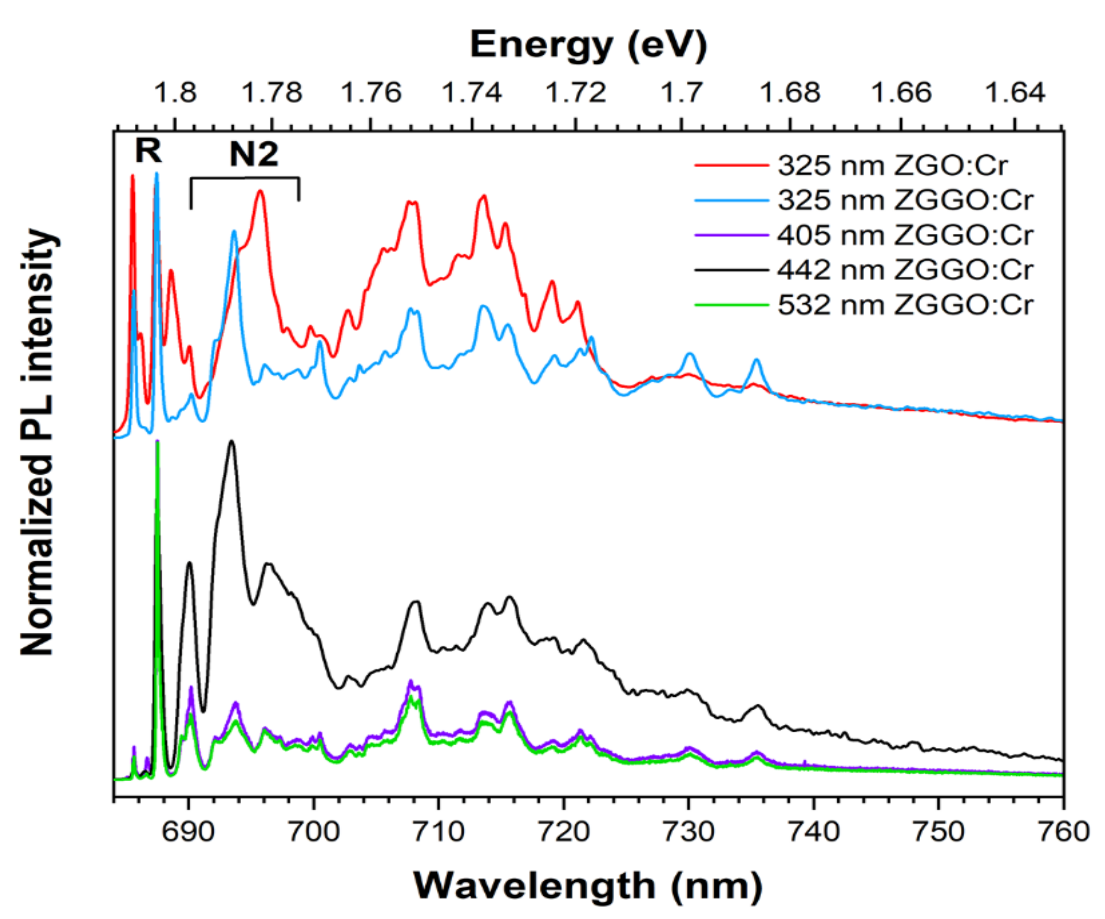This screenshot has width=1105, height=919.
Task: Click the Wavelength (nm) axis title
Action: tap(588, 886)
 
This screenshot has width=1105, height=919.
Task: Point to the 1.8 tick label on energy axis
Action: tap(175, 93)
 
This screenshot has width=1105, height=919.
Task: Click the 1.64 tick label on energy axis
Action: tap(1014, 93)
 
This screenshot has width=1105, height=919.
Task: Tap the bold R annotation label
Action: tap(148, 151)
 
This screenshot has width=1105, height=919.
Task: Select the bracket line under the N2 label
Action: tap(245, 178)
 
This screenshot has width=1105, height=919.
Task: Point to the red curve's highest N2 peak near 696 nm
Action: tap(260, 192)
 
